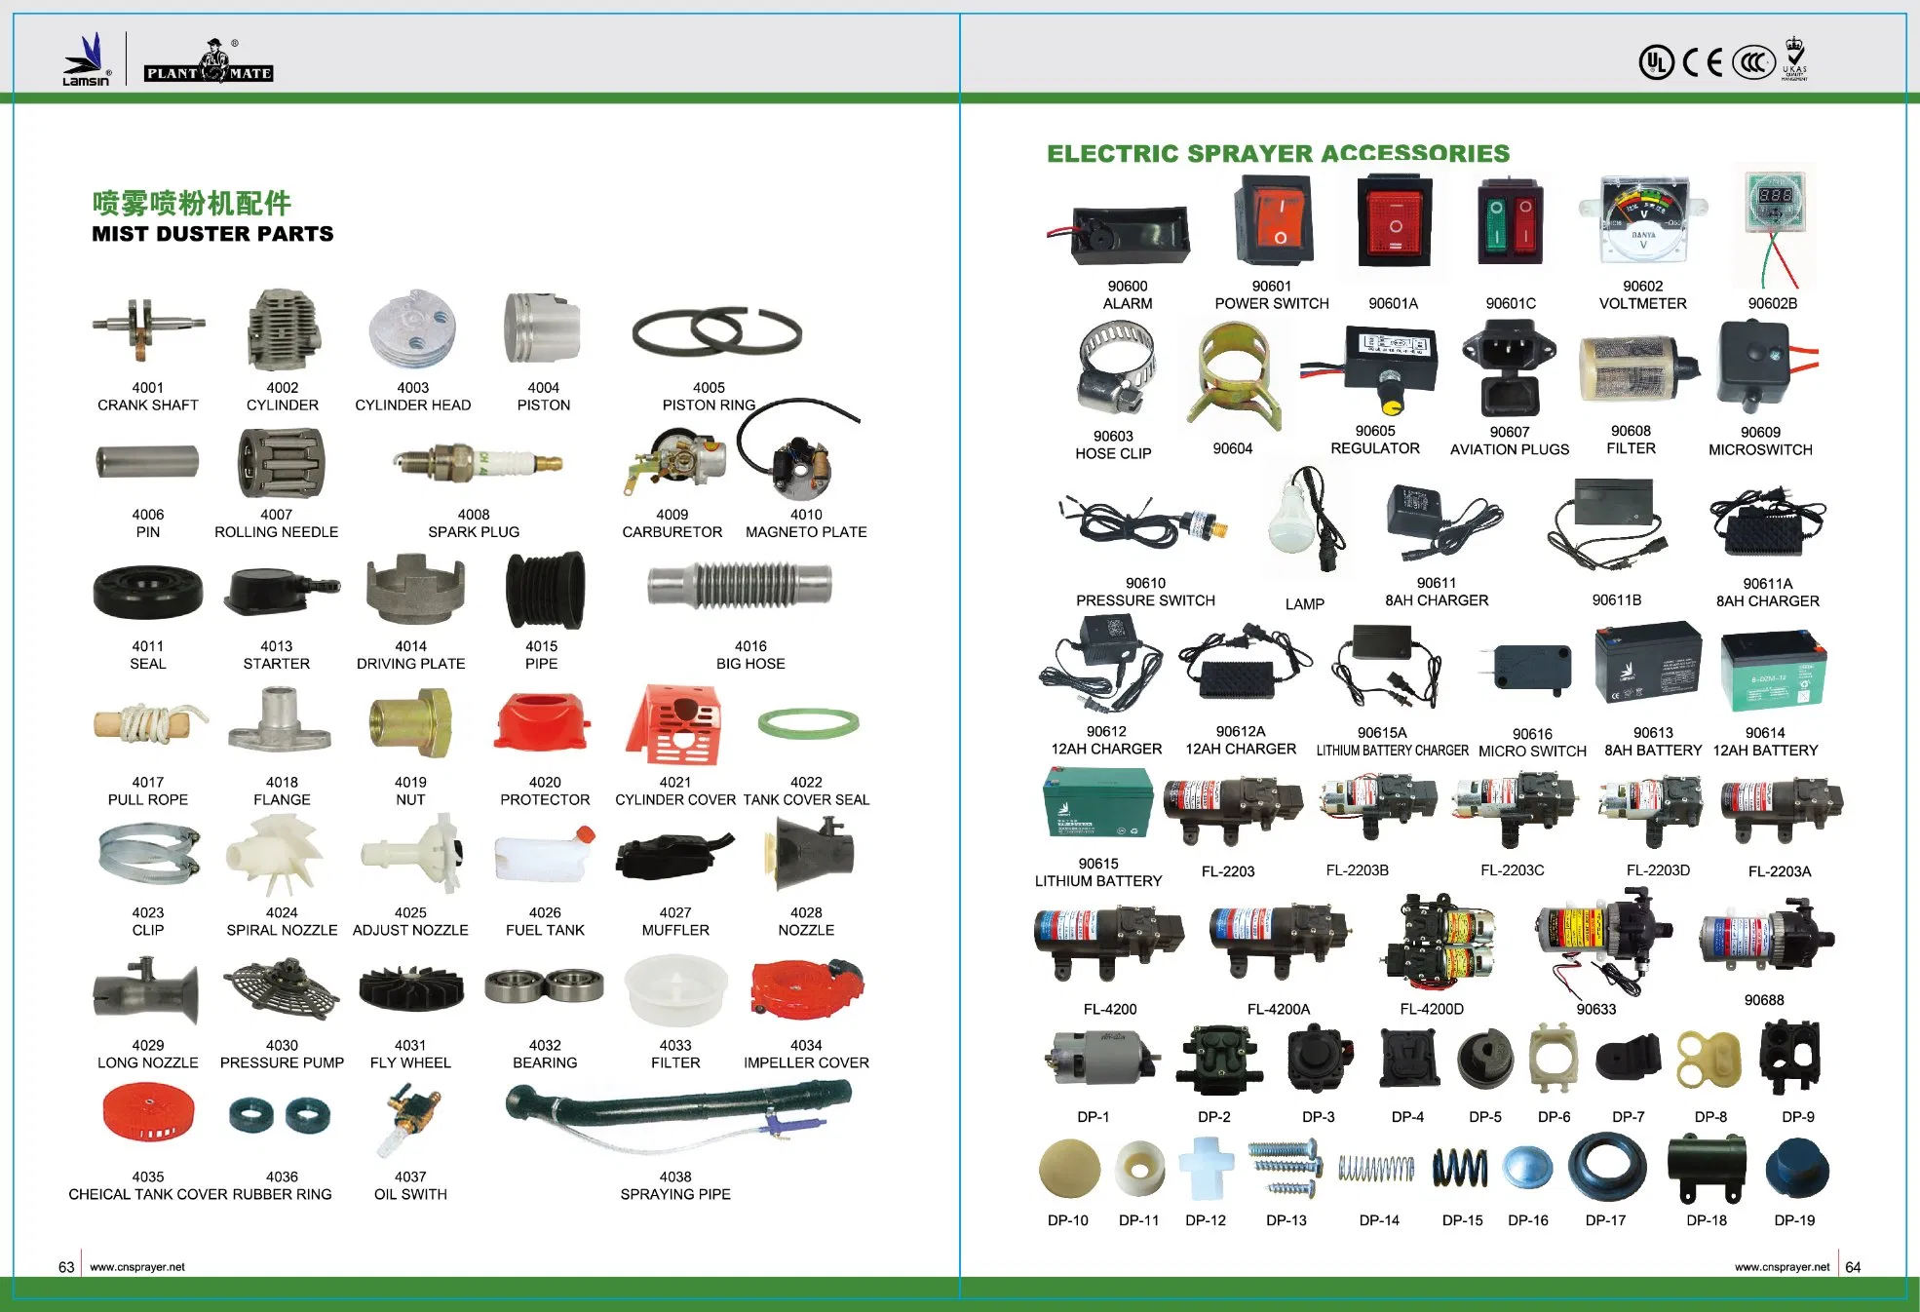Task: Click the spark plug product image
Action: click(x=478, y=461)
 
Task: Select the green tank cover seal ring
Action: click(x=808, y=722)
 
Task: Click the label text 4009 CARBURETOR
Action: click(x=672, y=523)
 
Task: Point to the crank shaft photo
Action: click(x=148, y=328)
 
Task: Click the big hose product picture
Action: click(x=741, y=585)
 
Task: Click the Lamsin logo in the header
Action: click(x=87, y=59)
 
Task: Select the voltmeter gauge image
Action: click(x=1643, y=220)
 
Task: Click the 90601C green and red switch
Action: click(x=1510, y=221)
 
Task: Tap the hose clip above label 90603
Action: click(x=1116, y=368)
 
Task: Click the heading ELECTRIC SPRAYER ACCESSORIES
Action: click(x=1278, y=153)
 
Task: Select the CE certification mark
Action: click(x=1703, y=62)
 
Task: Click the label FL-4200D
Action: click(x=1432, y=1009)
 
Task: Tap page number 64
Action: click(x=1853, y=1267)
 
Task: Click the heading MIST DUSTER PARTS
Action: click(x=212, y=234)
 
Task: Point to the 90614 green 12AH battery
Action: click(x=1773, y=671)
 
